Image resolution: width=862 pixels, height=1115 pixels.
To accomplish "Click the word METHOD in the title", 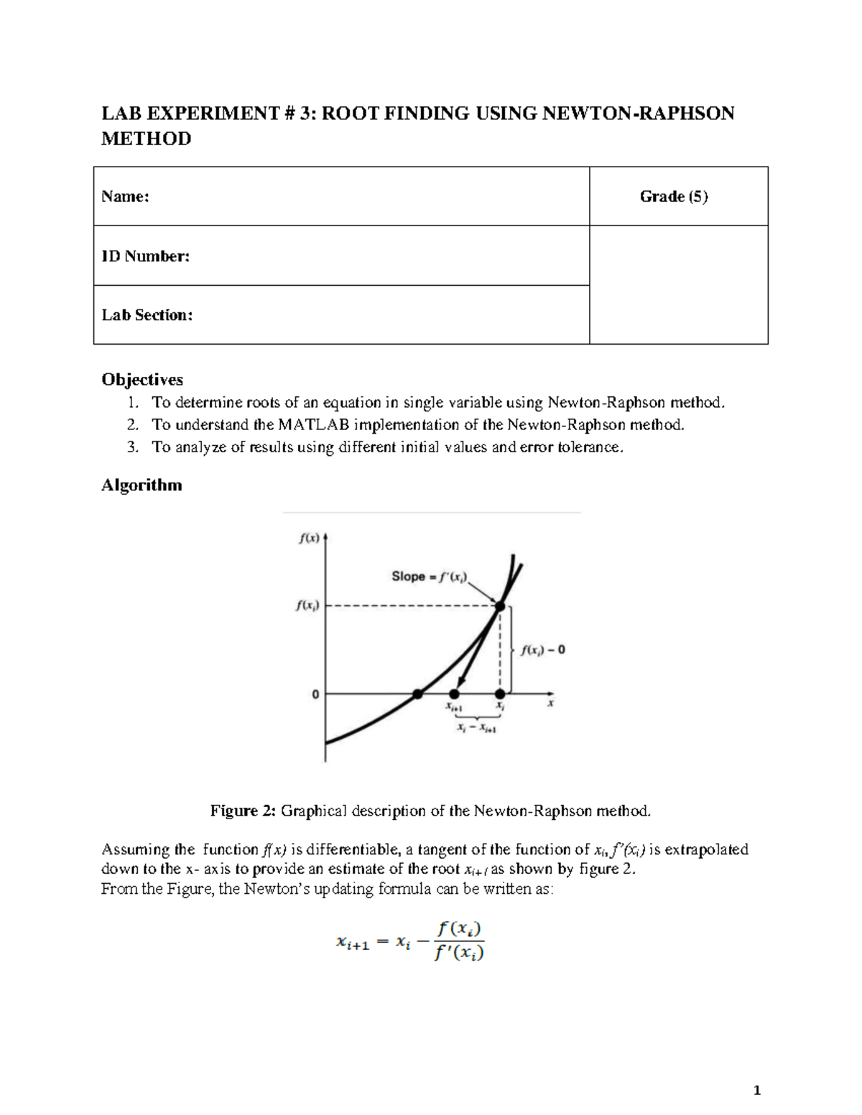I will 146,139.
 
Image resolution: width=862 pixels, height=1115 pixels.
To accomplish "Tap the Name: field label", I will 125,197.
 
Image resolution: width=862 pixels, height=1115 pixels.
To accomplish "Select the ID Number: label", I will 145,256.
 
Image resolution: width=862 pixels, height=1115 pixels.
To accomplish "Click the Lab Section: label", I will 147,315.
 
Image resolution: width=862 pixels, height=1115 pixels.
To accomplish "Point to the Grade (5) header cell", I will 674,197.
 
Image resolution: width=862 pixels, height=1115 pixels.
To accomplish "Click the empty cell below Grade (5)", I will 678,285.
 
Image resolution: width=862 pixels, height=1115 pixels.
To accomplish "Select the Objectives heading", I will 142,379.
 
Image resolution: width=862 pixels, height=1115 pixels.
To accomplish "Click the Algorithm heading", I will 142,485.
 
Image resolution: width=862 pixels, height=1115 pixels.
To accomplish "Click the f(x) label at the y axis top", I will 309,539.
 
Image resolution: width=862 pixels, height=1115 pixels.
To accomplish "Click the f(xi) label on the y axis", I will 307,606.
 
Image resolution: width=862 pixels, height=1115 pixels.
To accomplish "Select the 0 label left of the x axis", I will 315,694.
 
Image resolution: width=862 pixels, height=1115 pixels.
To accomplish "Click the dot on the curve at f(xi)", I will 500,607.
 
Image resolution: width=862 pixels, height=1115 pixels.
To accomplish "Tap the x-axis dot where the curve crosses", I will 417,694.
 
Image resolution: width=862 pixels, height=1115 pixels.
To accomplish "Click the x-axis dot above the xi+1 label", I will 454,694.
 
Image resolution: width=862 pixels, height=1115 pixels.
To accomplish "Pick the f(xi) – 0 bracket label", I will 543,650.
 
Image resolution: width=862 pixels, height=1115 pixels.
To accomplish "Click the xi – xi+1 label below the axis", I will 477,728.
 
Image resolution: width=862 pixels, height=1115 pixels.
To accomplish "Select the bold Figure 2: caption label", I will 243,811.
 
